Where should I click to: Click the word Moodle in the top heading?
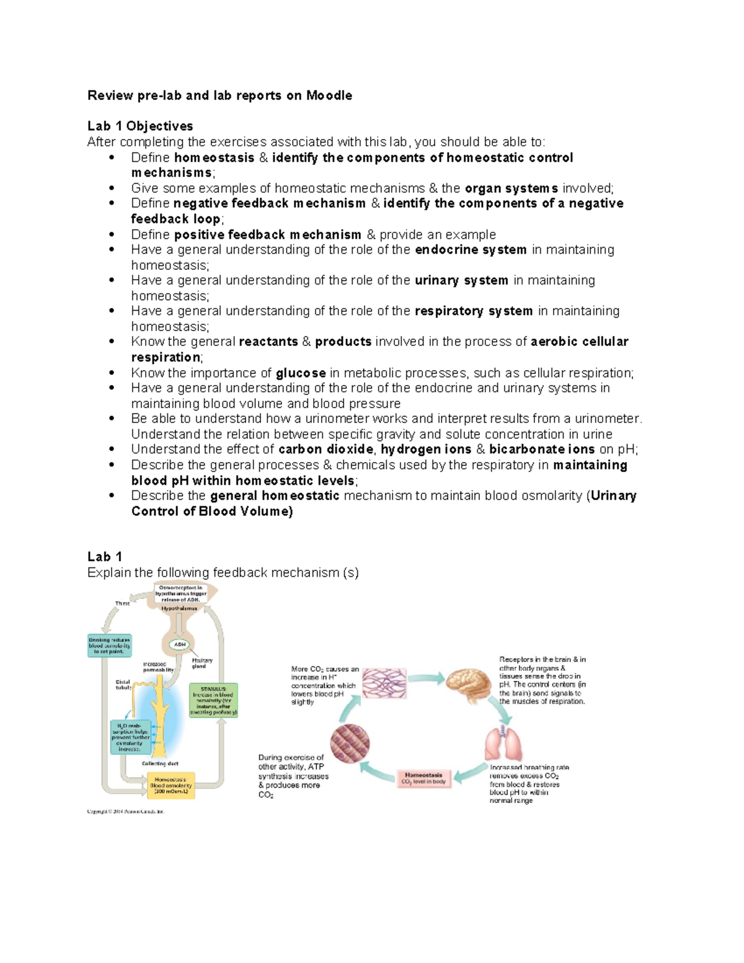point(329,95)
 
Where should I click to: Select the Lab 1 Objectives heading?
point(140,126)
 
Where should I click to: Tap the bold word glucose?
point(301,373)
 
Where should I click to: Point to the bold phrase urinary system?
point(461,280)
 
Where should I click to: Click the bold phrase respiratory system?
point(474,311)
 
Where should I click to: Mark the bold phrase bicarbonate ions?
point(542,450)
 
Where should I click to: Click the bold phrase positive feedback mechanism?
point(268,234)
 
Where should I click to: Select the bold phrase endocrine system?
point(471,250)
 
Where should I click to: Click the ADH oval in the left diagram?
point(180,644)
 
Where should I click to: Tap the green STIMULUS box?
point(213,700)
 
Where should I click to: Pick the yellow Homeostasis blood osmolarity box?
point(170,785)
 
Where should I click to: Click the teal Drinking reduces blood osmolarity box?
point(110,646)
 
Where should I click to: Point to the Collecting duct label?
point(160,763)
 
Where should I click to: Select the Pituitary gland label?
point(201,663)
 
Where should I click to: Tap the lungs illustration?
point(503,744)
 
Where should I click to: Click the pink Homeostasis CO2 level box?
point(423,778)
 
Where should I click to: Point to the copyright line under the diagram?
point(126,811)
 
